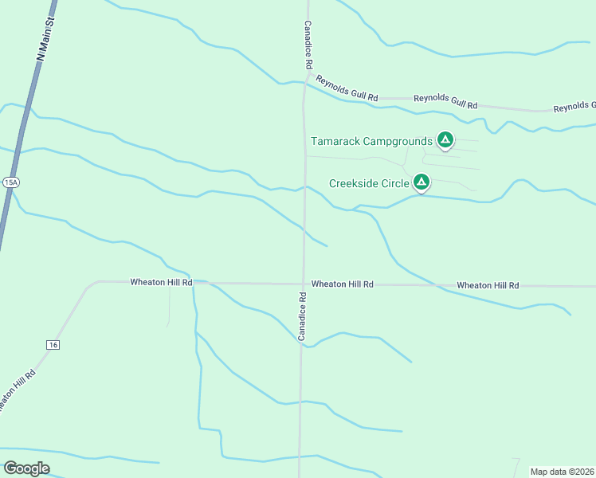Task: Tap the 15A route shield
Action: [x=10, y=182]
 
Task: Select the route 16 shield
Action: [x=53, y=344]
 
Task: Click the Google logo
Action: [x=26, y=468]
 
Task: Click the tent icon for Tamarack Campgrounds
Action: [x=445, y=141]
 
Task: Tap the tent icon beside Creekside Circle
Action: [x=422, y=183]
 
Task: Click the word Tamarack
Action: [x=335, y=142]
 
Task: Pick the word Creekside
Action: [x=355, y=183]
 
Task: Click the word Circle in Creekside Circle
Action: [x=395, y=183]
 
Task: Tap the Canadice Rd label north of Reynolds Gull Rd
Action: [x=307, y=45]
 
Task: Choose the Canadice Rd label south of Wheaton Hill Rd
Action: [x=303, y=317]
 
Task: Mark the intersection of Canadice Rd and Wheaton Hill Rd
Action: [x=303, y=283]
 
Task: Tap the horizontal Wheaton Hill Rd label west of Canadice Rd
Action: [x=162, y=282]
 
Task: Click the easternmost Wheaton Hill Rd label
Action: [x=488, y=285]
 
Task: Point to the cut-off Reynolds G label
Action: [x=574, y=106]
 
